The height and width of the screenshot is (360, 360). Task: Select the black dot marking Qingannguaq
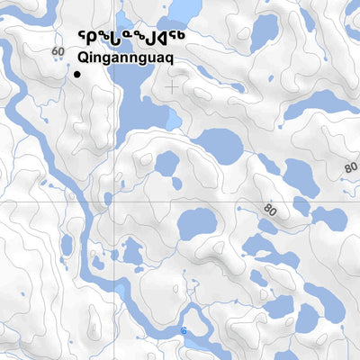[x=77, y=75]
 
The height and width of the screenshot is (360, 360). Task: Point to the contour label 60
[x=58, y=51]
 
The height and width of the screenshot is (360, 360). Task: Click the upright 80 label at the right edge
[x=350, y=167]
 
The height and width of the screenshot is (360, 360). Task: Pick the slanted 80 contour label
[x=270, y=211]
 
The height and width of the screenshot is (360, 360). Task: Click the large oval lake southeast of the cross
[x=219, y=146]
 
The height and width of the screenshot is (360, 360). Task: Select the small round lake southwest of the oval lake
[x=166, y=164]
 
